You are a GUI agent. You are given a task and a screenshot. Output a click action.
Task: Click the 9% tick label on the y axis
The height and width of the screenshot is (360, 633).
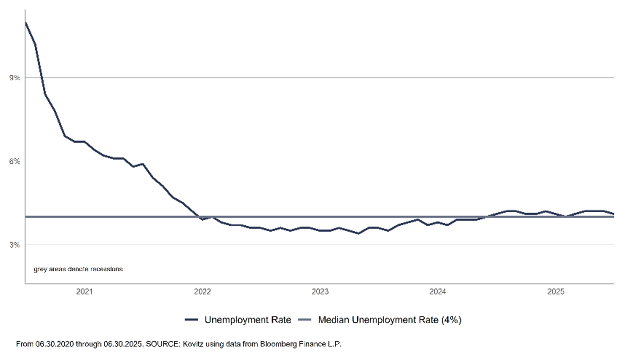pyautogui.click(x=15, y=78)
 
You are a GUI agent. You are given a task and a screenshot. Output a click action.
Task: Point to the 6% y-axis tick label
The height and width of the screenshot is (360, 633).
pyautogui.click(x=15, y=161)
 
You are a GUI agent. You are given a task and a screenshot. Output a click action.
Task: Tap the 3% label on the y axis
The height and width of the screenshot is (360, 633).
pyautogui.click(x=15, y=244)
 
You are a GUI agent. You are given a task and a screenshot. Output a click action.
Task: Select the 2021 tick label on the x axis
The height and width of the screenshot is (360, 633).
pyautogui.click(x=84, y=292)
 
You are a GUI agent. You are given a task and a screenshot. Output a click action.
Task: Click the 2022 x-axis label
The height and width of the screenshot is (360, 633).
pyautogui.click(x=202, y=292)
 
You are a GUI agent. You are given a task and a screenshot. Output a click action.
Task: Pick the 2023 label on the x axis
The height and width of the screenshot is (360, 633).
pyautogui.click(x=320, y=292)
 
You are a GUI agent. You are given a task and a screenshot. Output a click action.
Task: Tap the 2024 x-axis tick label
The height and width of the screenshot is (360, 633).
pyautogui.click(x=438, y=292)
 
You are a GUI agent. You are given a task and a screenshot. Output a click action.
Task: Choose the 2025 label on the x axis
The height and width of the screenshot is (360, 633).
pyautogui.click(x=555, y=292)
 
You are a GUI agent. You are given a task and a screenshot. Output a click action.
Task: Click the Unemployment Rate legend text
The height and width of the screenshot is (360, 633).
pyautogui.click(x=248, y=320)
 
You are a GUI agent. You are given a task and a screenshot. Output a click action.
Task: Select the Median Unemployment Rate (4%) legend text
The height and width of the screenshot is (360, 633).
pyautogui.click(x=390, y=320)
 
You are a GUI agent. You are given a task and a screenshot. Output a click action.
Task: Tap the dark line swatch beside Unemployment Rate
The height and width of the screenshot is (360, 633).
pyautogui.click(x=191, y=320)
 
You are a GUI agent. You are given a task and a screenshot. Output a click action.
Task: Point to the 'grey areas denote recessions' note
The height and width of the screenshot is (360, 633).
pyautogui.click(x=78, y=269)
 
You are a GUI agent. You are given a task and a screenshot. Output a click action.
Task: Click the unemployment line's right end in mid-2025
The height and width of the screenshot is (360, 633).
pyautogui.click(x=613, y=214)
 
